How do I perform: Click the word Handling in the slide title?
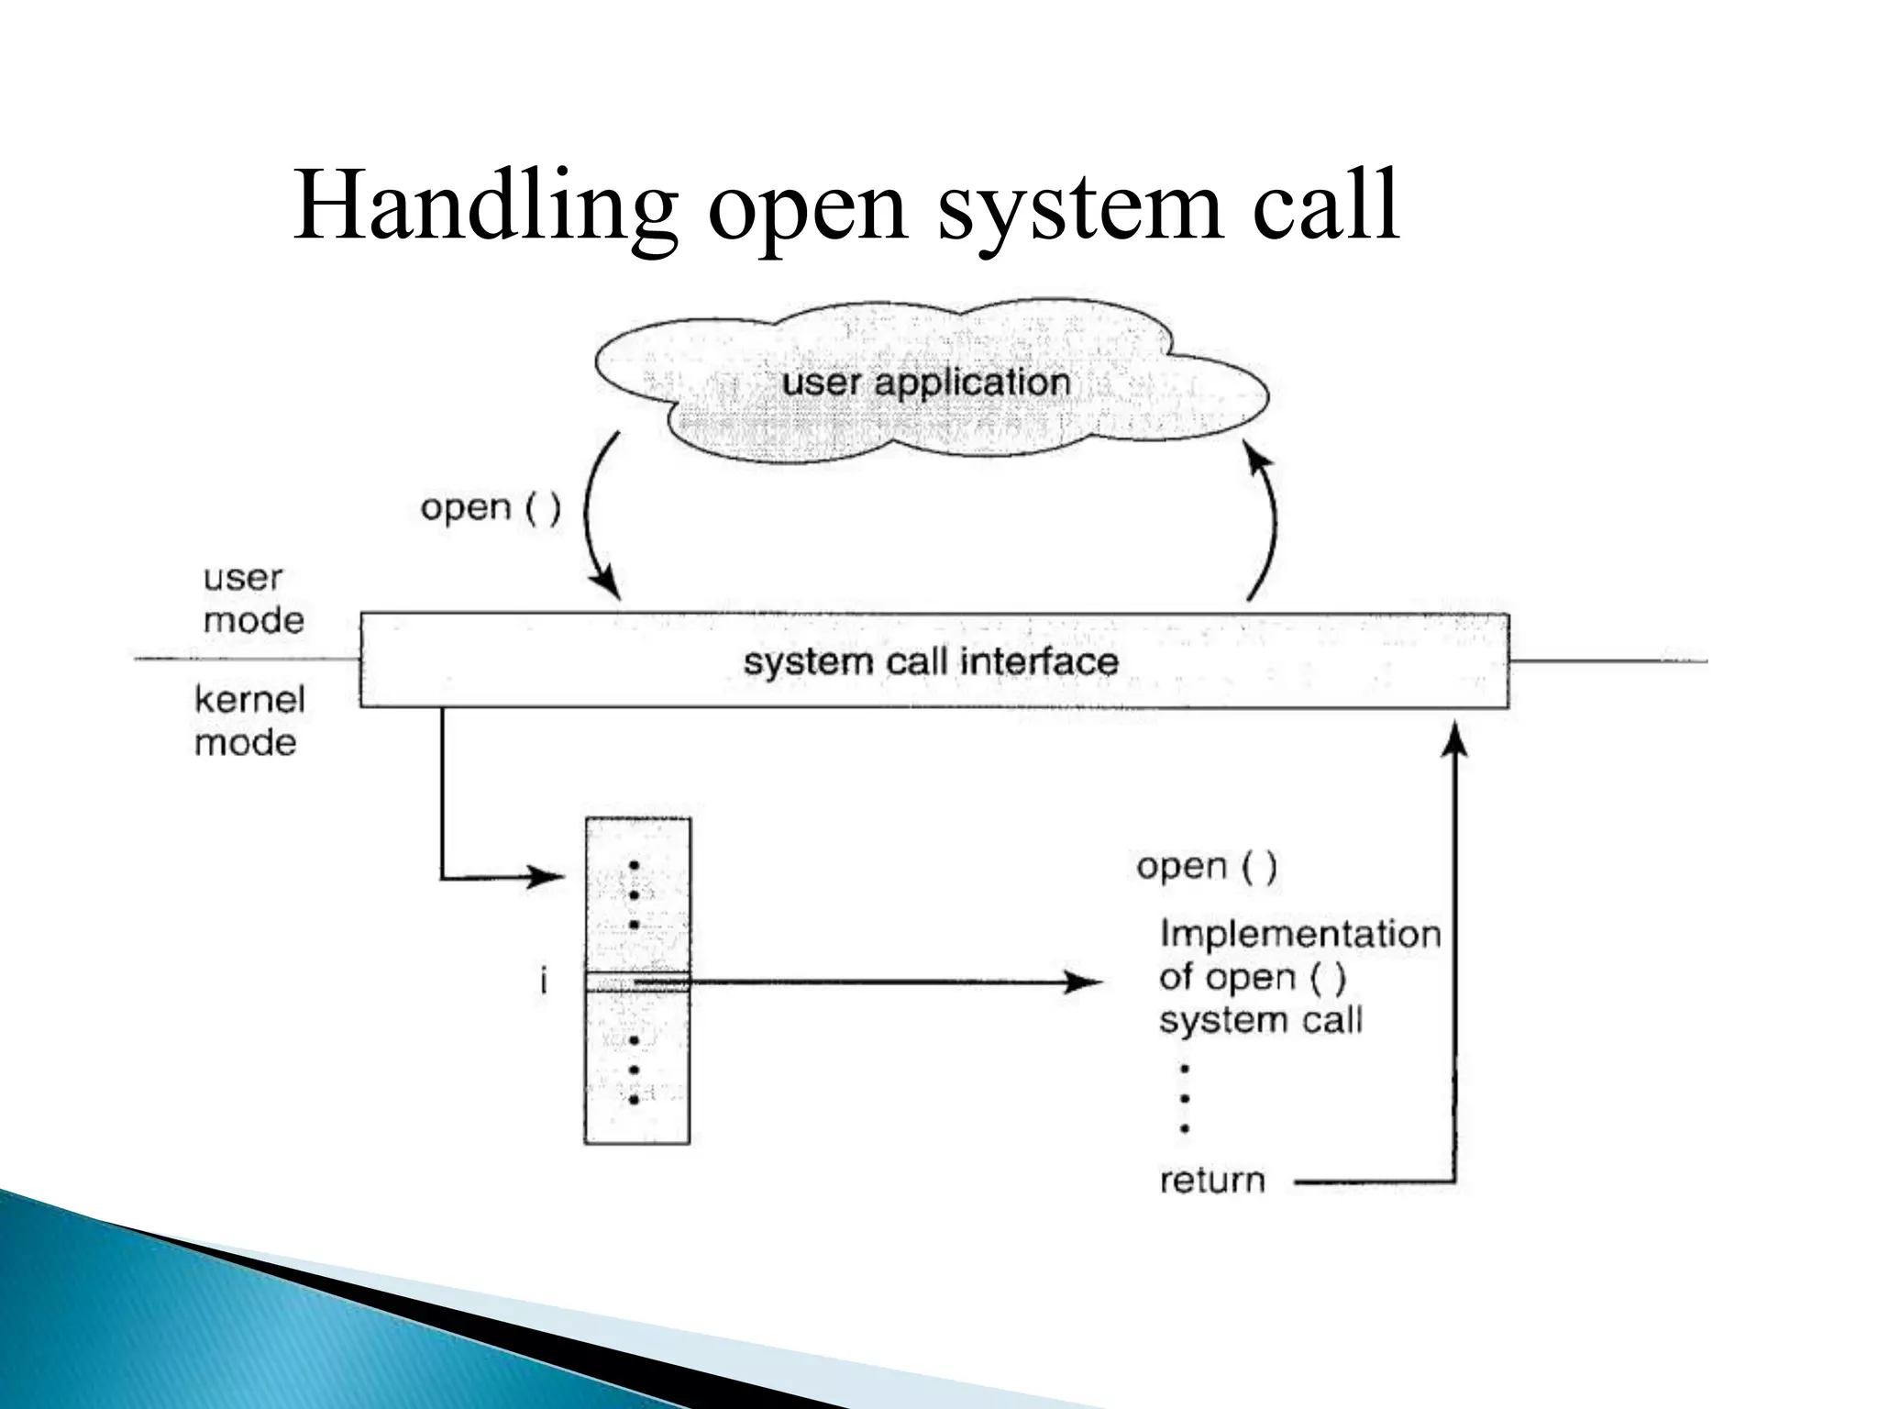(486, 207)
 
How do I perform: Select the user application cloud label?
(926, 382)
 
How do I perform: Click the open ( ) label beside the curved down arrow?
(490, 507)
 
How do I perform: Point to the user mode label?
(251, 599)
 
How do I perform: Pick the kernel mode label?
(249, 721)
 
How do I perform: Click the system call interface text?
(931, 661)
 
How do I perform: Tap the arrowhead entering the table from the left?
(549, 877)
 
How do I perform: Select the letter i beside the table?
(544, 982)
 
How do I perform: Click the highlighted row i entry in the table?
(637, 982)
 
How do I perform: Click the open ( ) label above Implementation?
(1206, 866)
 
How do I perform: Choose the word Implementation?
(1299, 934)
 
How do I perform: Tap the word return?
(1211, 1181)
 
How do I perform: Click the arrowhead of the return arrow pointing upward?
(1454, 738)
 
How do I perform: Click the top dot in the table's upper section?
(634, 865)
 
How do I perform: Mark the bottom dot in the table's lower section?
(634, 1099)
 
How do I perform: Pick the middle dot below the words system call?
(1185, 1099)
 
